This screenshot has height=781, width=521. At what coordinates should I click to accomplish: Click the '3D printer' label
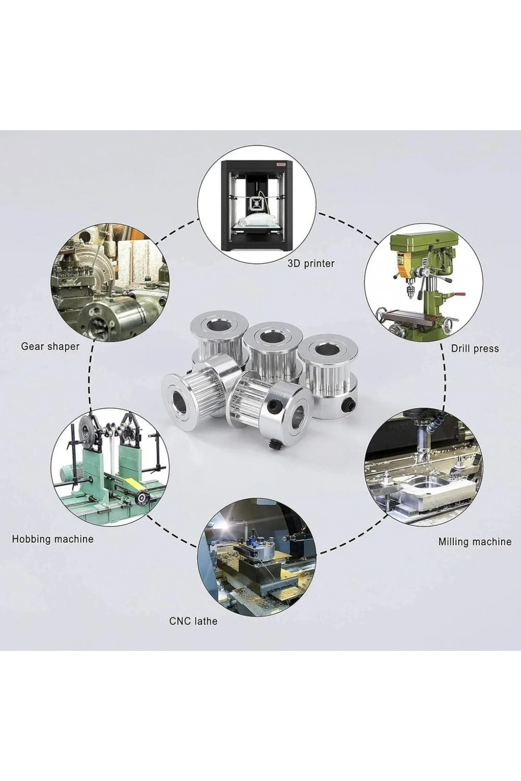311,263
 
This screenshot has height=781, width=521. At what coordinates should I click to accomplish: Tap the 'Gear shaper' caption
50,346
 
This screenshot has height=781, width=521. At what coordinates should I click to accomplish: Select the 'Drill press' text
475,348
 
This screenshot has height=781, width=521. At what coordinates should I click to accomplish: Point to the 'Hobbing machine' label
53,539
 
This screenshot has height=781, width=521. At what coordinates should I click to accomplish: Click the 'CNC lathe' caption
193,621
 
